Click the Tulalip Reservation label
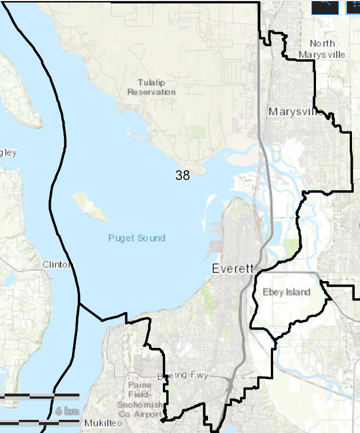(x=151, y=87)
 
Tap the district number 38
(x=182, y=176)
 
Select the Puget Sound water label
(x=137, y=238)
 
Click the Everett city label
(x=232, y=268)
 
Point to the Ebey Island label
(x=286, y=292)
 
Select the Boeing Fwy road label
(x=183, y=375)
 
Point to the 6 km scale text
(x=67, y=411)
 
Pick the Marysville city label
(x=293, y=111)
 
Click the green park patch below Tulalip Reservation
(x=198, y=132)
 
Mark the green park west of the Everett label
(x=207, y=293)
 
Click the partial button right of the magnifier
(x=353, y=5)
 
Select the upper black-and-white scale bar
(x=39, y=395)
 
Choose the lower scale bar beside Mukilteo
(x=39, y=423)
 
